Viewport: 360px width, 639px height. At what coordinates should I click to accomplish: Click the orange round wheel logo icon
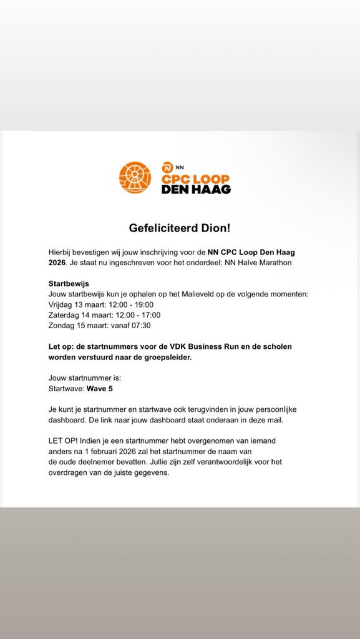135,177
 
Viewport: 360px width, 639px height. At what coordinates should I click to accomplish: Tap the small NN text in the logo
179,167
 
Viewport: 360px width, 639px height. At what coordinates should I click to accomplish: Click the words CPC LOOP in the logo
195,177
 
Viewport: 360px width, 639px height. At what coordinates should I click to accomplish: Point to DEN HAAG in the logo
196,188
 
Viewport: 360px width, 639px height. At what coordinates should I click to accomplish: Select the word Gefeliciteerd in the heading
162,228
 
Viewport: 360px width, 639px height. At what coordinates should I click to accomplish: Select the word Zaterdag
66,315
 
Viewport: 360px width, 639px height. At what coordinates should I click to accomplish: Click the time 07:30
140,325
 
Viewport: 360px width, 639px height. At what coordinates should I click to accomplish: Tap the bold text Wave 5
100,388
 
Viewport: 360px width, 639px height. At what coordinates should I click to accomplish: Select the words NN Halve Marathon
258,263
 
